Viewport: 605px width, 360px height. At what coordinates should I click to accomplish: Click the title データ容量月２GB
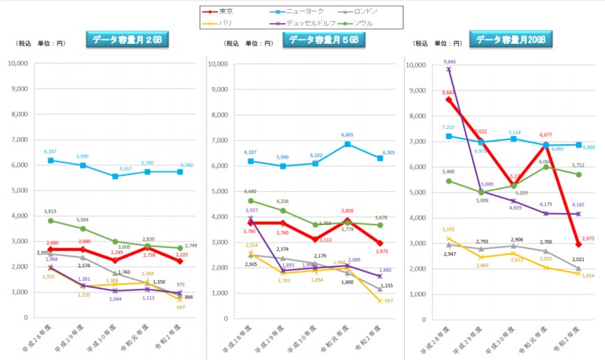(127, 40)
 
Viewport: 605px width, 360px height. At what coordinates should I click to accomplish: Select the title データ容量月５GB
(323, 40)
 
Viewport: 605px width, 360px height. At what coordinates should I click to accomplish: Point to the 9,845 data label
(449, 61)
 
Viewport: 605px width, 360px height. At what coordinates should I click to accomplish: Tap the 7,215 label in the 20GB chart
(448, 127)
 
